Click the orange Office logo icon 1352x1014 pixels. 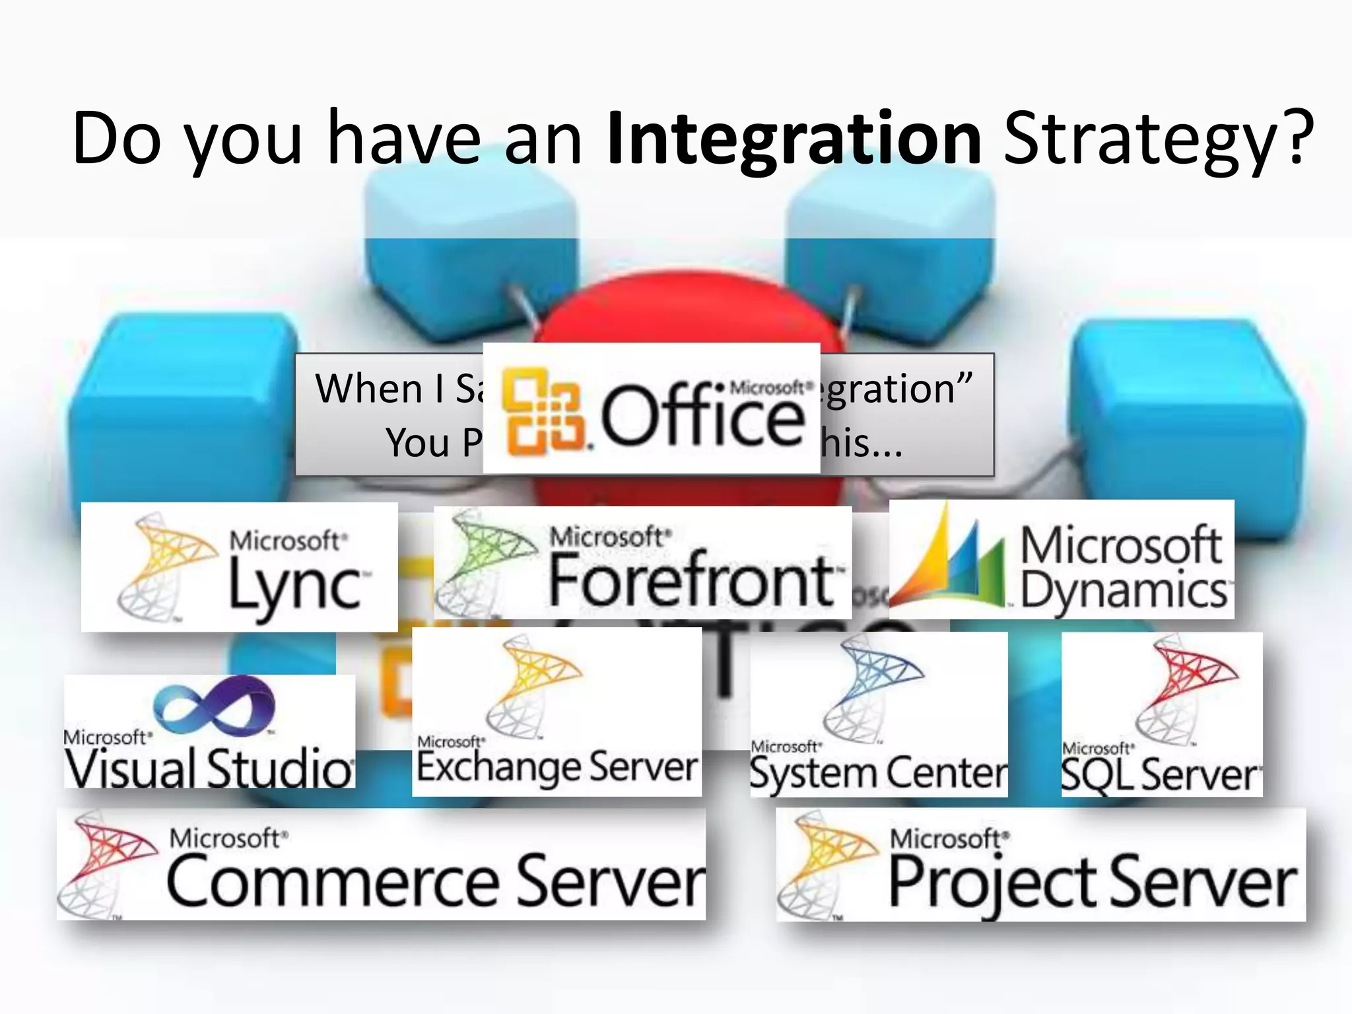pos(545,413)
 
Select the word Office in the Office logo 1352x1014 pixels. pos(703,416)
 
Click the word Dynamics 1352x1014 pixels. pos(1122,591)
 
